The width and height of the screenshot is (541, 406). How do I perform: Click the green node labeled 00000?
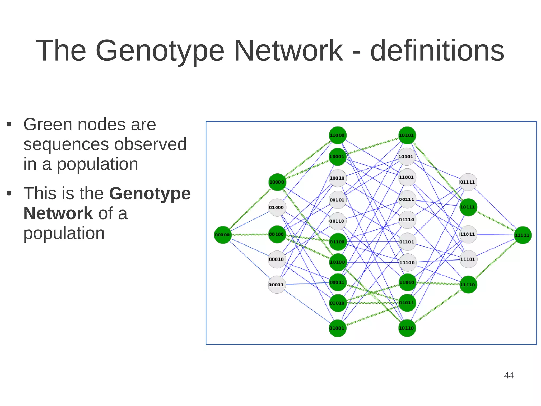click(x=222, y=235)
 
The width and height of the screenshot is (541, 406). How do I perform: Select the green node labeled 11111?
click(x=523, y=235)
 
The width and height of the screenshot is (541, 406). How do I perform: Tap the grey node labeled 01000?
click(x=277, y=207)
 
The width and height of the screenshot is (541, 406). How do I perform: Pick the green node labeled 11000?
click(x=337, y=135)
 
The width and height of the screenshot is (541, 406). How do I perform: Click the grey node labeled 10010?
click(x=337, y=178)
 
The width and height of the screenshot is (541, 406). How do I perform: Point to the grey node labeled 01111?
click(x=468, y=182)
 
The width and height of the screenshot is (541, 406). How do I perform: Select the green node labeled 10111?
click(x=468, y=207)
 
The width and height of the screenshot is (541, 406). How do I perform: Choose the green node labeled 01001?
click(x=337, y=328)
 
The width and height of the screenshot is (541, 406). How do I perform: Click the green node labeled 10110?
click(x=407, y=328)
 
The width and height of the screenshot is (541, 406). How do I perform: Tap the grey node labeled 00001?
click(x=277, y=285)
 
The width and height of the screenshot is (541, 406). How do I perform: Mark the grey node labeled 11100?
click(x=407, y=262)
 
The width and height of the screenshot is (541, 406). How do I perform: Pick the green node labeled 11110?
click(x=468, y=285)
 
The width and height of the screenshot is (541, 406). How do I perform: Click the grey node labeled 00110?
click(x=337, y=221)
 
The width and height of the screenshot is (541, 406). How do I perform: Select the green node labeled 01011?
click(x=407, y=303)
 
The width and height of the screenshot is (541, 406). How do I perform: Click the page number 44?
click(x=509, y=375)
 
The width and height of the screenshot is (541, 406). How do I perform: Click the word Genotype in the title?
click(x=160, y=51)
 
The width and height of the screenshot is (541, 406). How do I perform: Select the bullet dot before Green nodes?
click(x=9, y=125)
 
